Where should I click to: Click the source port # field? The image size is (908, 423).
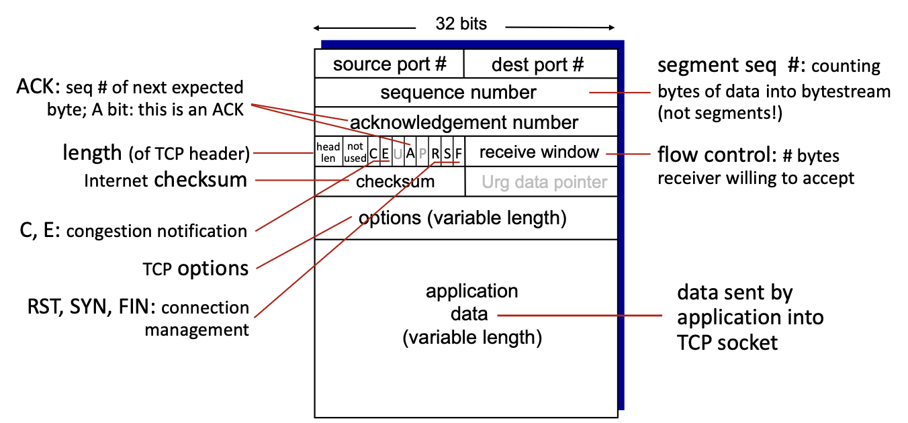[x=390, y=64]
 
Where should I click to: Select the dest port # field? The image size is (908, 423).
[x=541, y=64]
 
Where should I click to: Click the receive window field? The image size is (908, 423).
[x=541, y=152]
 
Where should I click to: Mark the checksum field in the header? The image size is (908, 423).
[x=396, y=182]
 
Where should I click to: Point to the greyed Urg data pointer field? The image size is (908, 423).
[x=544, y=182]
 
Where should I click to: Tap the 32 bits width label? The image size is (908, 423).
[x=461, y=24]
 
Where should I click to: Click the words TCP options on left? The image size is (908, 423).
[x=195, y=269]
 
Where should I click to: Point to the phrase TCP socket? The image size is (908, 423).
[x=727, y=342]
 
